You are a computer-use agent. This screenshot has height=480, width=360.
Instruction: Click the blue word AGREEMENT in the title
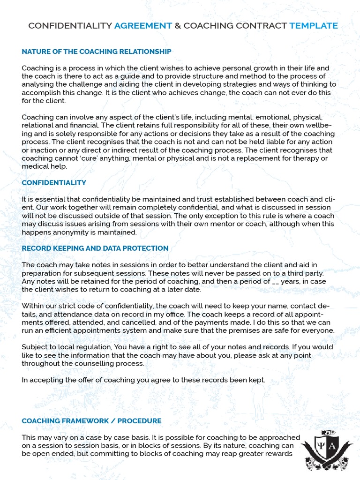pos(143,26)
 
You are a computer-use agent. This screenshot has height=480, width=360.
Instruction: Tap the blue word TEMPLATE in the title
pos(314,26)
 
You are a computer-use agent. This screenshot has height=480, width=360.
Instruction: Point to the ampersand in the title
pos(178,26)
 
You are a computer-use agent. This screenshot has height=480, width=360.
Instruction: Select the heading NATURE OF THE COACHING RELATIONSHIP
pos(97,52)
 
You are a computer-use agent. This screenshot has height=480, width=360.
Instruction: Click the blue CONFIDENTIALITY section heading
pos(54,182)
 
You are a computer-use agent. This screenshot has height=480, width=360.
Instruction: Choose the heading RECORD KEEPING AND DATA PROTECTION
pos(95,248)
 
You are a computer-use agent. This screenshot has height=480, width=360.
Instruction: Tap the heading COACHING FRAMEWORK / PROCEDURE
pos(91,421)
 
